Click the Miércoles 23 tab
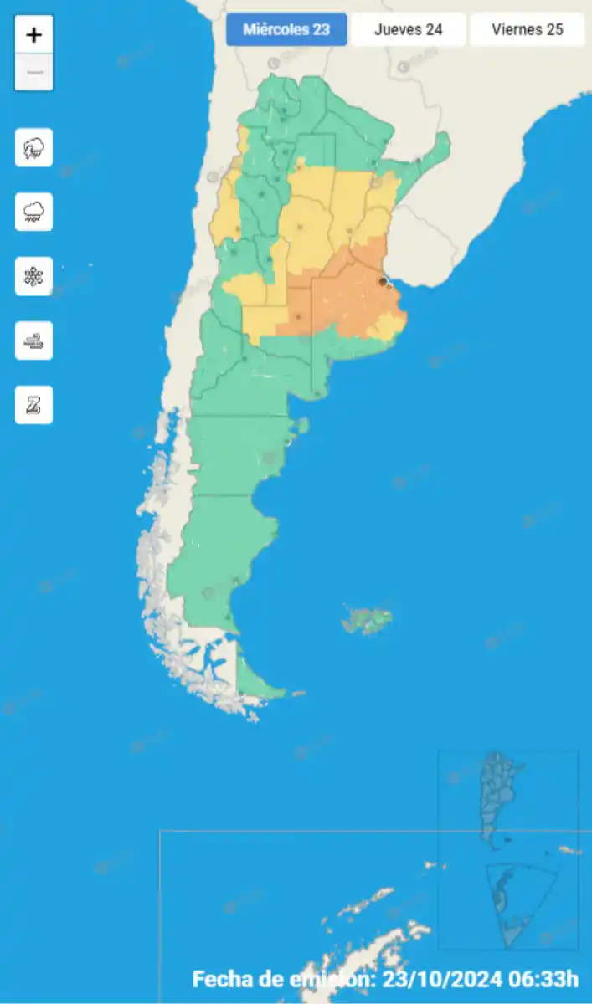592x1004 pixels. (x=286, y=30)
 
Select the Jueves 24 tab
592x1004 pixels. (x=408, y=30)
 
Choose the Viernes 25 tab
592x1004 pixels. (x=527, y=30)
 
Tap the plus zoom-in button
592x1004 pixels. (x=34, y=35)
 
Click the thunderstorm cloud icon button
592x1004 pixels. (x=33, y=148)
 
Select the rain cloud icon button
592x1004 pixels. (x=33, y=212)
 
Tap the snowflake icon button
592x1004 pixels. (x=33, y=276)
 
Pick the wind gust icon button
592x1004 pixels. (x=33, y=341)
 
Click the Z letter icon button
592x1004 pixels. (x=33, y=405)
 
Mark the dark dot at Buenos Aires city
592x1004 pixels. (x=383, y=282)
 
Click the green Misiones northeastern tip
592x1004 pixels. (x=435, y=151)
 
